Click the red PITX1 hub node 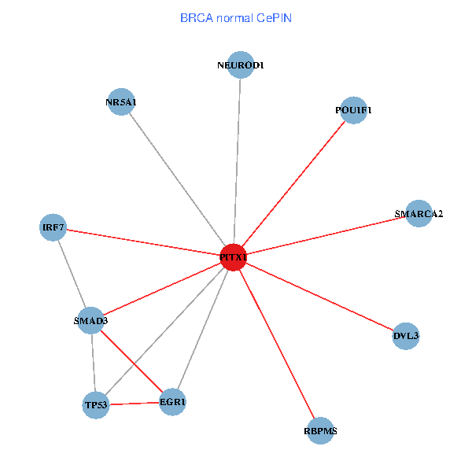[233, 257]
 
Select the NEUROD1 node [240, 65]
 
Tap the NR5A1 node [120, 101]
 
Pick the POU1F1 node [353, 110]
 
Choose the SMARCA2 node [419, 214]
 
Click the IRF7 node [53, 228]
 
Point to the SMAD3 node [90, 320]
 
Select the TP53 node [95, 405]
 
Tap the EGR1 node [172, 402]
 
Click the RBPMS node [320, 431]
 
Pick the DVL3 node [406, 337]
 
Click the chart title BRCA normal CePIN [236, 17]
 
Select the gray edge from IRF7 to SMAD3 [72, 274]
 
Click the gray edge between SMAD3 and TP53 [93, 363]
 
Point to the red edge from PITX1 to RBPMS [276, 344]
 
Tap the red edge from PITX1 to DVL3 [319, 297]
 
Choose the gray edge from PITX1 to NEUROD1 [236, 161]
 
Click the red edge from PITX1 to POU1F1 [293, 184]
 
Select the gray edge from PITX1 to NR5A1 [176, 179]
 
